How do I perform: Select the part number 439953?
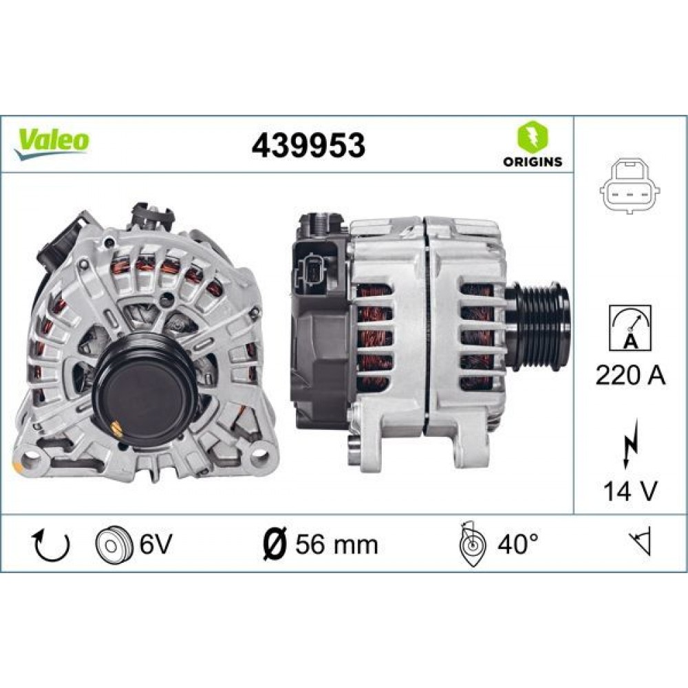[x=308, y=145]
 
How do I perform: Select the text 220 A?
[x=631, y=376]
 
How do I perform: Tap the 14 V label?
[x=631, y=491]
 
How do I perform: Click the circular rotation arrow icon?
[x=52, y=544]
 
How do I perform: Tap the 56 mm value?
[x=336, y=544]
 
